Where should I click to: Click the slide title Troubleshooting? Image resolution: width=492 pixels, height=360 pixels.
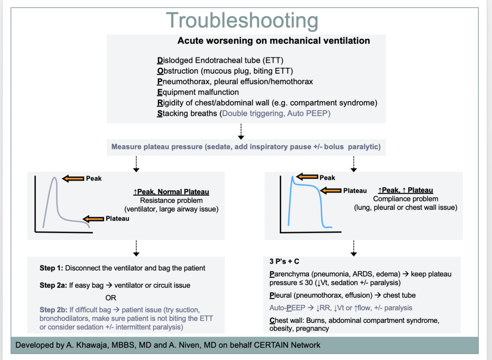242,21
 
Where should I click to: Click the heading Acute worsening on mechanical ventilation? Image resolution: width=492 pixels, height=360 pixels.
274,41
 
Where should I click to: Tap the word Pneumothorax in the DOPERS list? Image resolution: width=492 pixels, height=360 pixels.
181,82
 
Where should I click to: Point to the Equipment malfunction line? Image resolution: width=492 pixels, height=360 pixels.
198,92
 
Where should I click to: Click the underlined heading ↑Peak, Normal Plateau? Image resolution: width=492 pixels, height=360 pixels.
168,191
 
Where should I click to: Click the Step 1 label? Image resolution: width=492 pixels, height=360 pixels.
51,269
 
